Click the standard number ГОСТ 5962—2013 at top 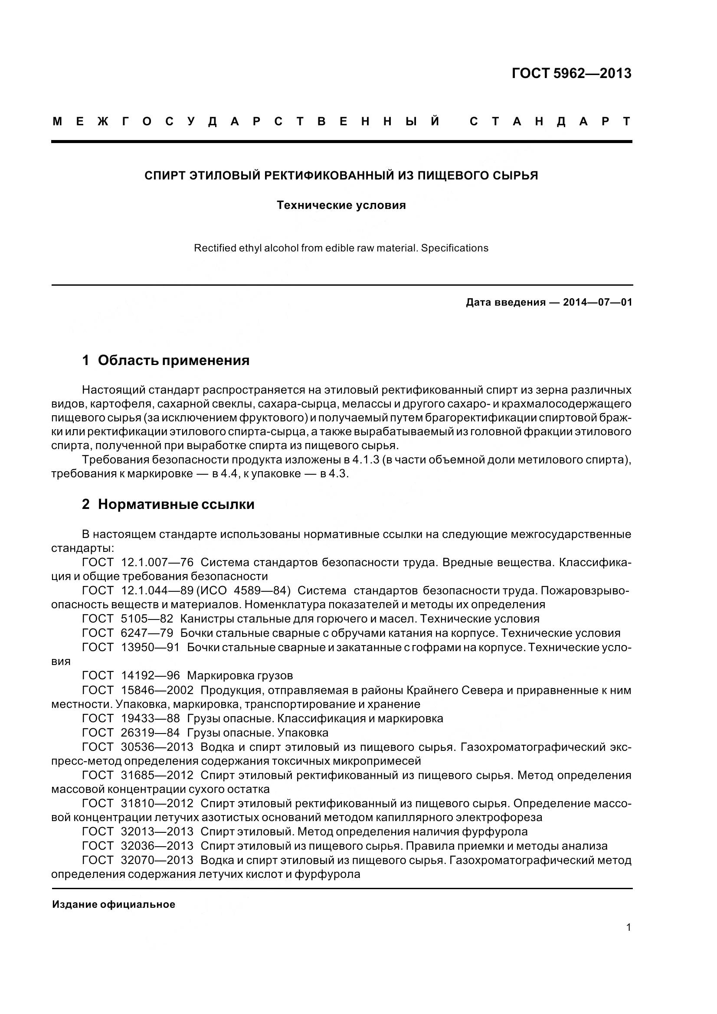571,73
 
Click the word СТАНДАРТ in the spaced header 550,121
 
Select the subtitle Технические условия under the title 341,205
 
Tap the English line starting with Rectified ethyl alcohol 341,248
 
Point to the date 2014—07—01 598,303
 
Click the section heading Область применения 173,360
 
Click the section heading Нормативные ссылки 176,504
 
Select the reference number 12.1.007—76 157,563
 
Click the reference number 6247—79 147,633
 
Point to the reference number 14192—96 150,676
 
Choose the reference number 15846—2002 157,690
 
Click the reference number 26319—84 150,733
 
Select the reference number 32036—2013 157,846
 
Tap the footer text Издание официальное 114,904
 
